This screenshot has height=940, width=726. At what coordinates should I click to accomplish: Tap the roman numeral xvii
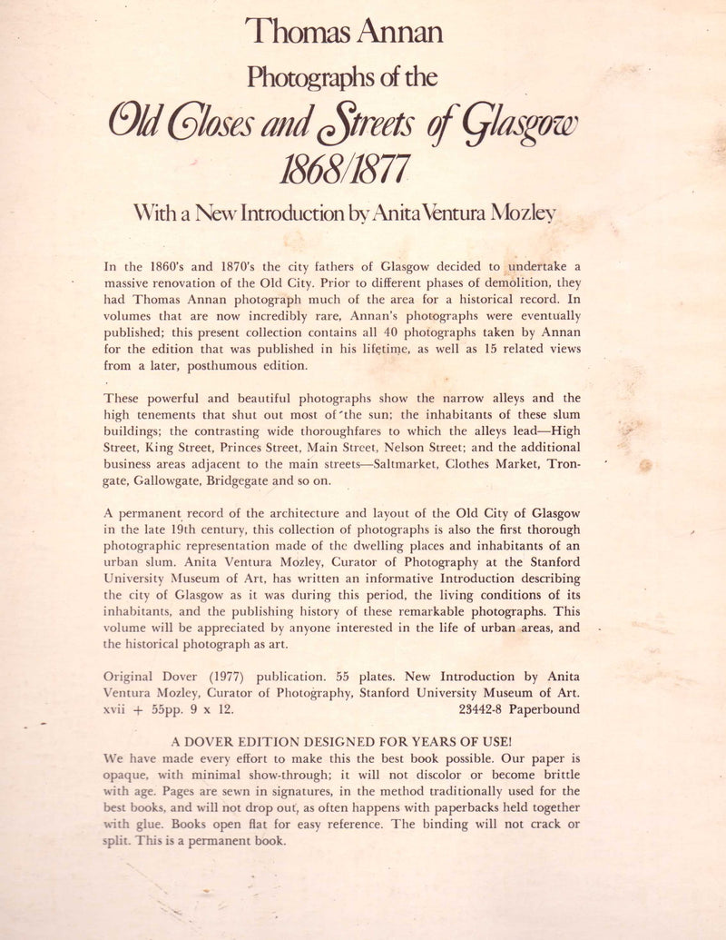[120, 709]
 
